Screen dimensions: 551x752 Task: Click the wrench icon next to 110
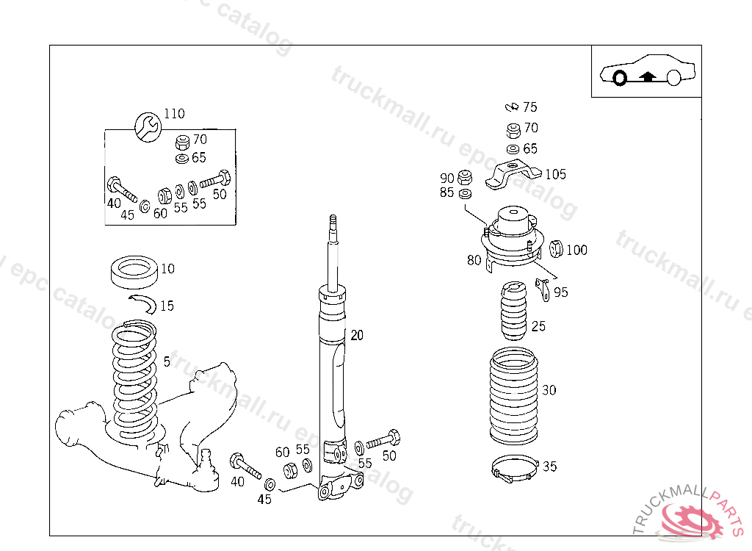147,126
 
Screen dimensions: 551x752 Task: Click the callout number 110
174,114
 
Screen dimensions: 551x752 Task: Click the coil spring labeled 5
134,382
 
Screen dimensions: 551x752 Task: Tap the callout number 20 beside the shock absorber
357,336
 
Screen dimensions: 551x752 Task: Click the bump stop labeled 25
513,313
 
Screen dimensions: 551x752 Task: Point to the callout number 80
474,259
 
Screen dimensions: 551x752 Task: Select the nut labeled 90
464,178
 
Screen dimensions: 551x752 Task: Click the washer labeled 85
464,193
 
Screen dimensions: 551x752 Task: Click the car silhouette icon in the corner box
646,71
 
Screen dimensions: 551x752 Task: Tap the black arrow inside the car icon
647,74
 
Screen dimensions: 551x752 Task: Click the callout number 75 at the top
530,107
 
